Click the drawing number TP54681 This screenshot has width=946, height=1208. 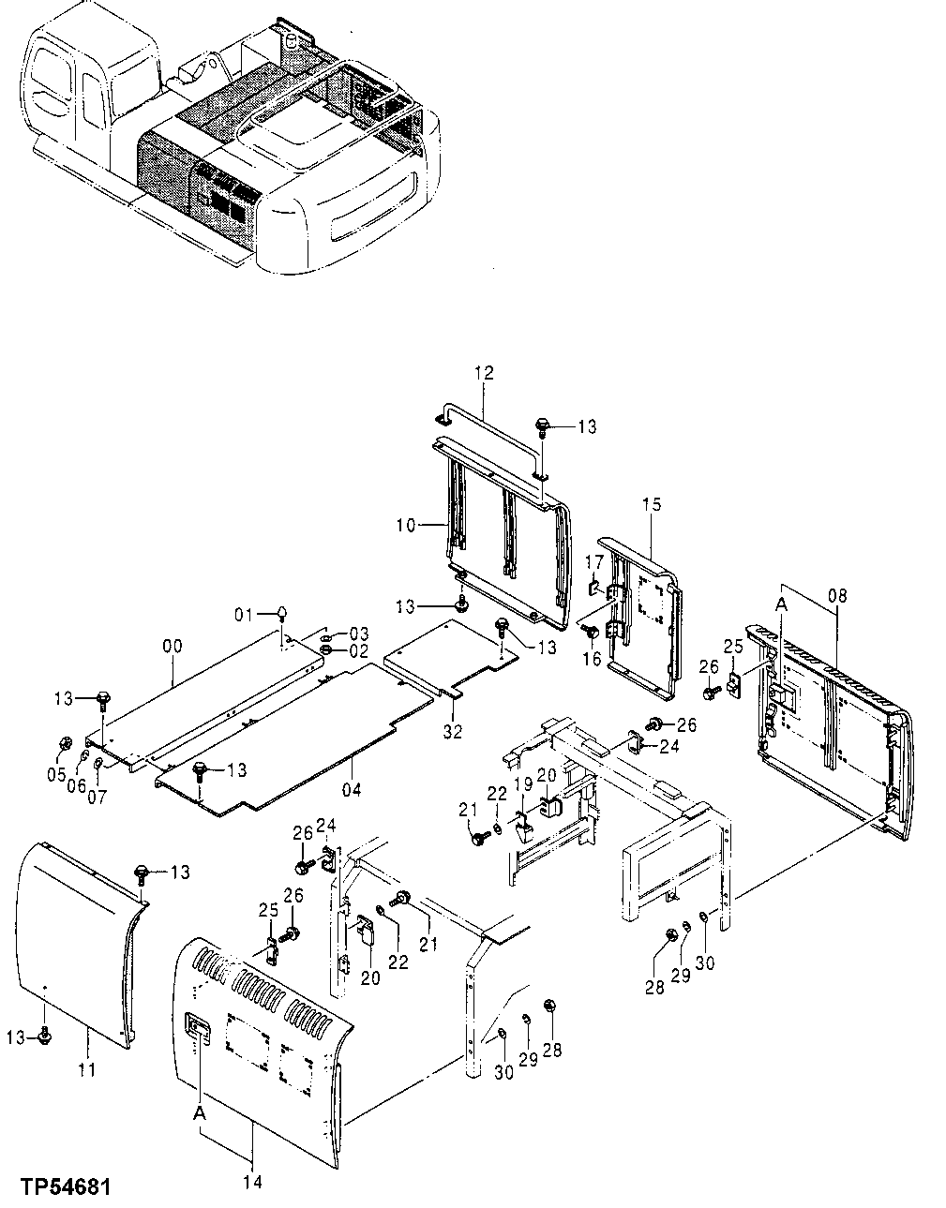pyautogui.click(x=63, y=1187)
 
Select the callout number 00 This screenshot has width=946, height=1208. pyautogui.click(x=173, y=647)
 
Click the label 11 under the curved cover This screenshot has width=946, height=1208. pyautogui.click(x=86, y=1069)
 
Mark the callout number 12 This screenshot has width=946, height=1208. pyautogui.click(x=483, y=373)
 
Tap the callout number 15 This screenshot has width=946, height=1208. pyautogui.click(x=652, y=505)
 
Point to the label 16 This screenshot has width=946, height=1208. pyautogui.click(x=592, y=660)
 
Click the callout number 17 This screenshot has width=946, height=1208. pyautogui.click(x=592, y=561)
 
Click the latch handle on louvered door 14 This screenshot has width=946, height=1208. pyautogui.click(x=198, y=1027)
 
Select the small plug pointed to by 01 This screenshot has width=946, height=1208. pyautogui.click(x=280, y=612)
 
